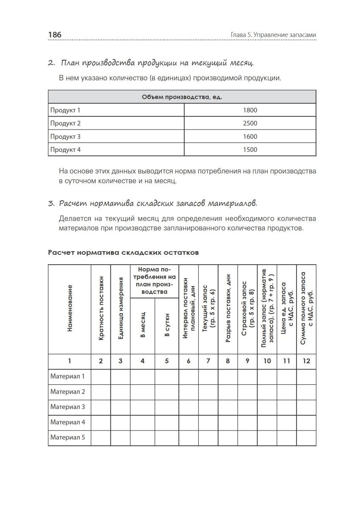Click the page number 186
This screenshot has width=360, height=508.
(55, 35)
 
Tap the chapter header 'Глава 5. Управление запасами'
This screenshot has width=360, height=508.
(273, 35)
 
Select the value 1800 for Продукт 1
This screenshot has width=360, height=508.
(250, 110)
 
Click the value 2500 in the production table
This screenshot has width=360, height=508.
(250, 124)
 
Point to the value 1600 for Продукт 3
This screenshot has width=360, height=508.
(250, 137)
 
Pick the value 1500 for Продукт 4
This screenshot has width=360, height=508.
(250, 150)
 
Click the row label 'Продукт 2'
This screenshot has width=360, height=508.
(65, 124)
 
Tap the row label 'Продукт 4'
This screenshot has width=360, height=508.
(65, 150)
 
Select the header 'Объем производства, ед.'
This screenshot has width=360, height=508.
(182, 97)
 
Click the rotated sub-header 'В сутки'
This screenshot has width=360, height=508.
(167, 326)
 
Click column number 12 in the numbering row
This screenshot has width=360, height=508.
(306, 361)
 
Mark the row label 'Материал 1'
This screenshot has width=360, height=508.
(68, 376)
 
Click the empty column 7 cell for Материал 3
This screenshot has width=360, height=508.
(208, 407)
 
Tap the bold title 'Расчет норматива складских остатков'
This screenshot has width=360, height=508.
(123, 253)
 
